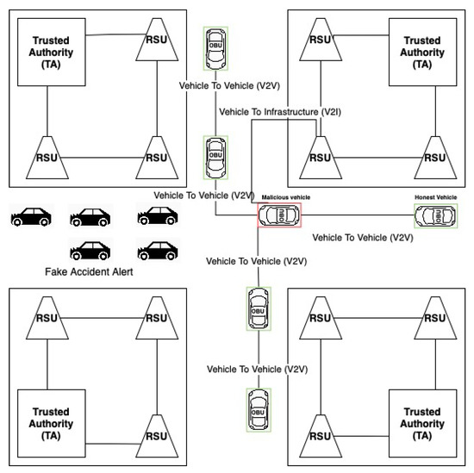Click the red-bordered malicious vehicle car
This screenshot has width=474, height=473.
coord(279,215)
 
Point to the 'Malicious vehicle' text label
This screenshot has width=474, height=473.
coord(285,197)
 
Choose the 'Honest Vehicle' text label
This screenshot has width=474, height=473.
coord(435,197)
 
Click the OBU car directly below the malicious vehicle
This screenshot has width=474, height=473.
coord(257,308)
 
